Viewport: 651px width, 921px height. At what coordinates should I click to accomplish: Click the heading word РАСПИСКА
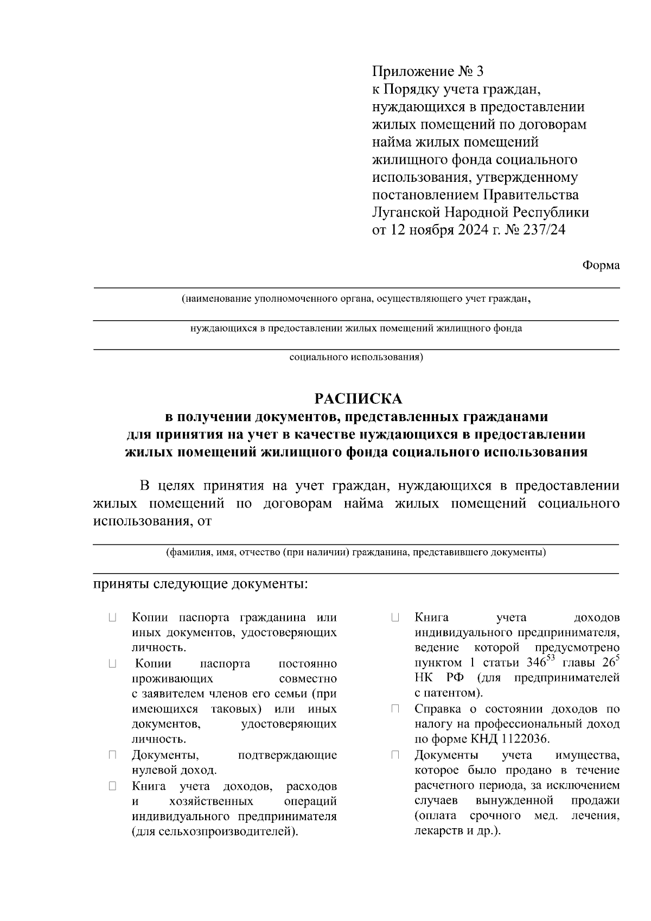tap(359, 399)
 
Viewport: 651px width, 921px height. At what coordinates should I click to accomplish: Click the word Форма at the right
tap(601, 265)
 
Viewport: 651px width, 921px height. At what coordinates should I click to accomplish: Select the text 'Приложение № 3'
tap(427, 71)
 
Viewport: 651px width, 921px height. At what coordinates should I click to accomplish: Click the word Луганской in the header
tap(406, 212)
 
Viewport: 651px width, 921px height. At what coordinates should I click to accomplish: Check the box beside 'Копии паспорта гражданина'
tap(112, 618)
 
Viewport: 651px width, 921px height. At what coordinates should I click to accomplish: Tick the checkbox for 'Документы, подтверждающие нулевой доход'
tap(112, 755)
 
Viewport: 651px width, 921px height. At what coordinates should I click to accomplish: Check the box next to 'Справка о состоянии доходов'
tap(395, 709)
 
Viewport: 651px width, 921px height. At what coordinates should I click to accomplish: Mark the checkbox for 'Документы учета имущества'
tap(395, 755)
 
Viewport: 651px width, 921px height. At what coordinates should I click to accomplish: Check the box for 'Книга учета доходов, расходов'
tap(112, 786)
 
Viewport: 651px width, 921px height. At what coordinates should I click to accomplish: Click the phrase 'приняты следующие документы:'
tap(200, 585)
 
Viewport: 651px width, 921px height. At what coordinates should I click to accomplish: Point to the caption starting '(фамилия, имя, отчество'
tap(356, 553)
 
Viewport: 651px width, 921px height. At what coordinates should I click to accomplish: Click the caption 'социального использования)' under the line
tap(356, 358)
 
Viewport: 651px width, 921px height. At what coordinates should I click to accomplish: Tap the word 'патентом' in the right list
tap(454, 693)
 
